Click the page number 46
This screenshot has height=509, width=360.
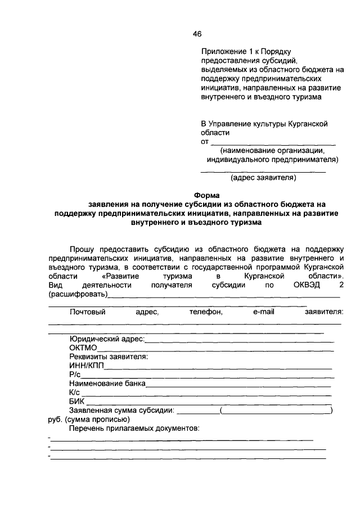197,34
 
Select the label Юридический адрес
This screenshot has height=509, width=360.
107,339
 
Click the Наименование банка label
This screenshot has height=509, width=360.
107,384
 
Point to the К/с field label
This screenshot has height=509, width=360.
76,393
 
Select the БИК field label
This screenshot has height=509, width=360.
77,402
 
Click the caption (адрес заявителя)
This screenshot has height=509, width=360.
263,178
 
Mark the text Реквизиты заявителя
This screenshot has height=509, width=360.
109,357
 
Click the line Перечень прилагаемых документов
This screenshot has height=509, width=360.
135,429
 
